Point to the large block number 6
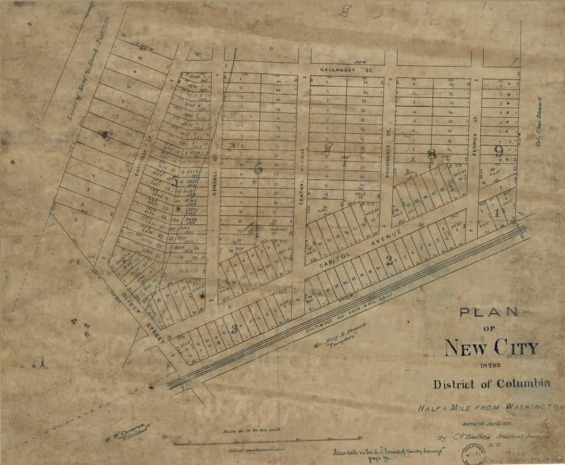coord(258,169)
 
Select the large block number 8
coord(432,155)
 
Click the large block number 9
coord(498,151)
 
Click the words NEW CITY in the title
coord(491,348)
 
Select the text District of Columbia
coord(492,384)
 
